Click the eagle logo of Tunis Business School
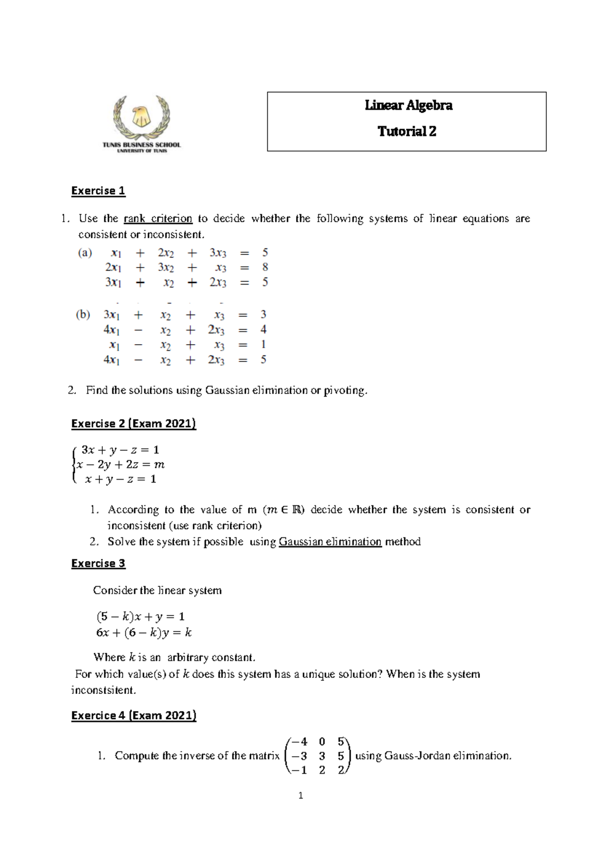(141, 117)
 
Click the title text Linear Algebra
(408, 105)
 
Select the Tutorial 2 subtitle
(407, 131)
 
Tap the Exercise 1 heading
(98, 191)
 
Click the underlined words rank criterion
(158, 219)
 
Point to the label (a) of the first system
(85, 253)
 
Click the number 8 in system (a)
(265, 267)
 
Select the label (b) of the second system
(83, 315)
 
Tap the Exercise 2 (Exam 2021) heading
(133, 423)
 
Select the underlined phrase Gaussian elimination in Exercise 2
(330, 542)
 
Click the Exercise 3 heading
(98, 563)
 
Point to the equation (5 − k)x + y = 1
(140, 616)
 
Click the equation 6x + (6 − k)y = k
(143, 633)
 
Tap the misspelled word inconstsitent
(103, 690)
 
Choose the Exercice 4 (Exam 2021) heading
(133, 716)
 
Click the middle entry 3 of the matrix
(322, 756)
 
